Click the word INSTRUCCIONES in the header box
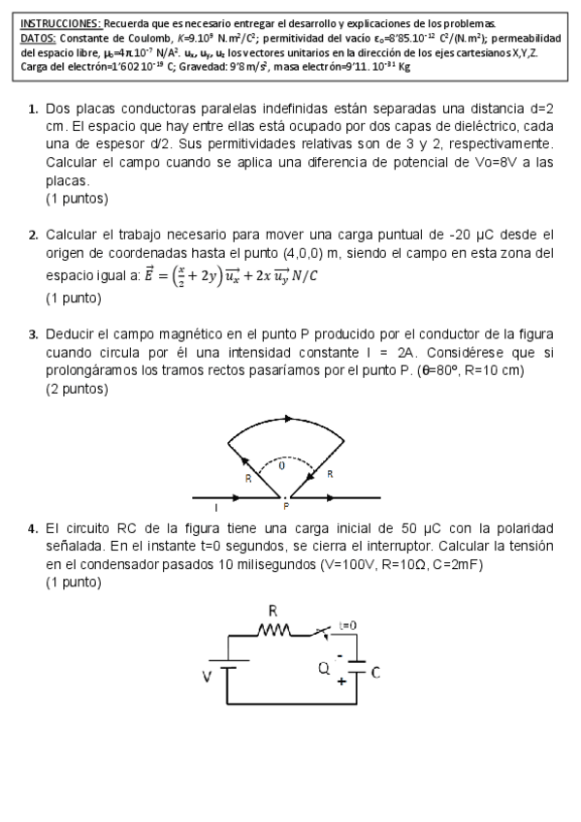(60, 22)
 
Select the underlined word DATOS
(38, 38)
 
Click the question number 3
(33, 334)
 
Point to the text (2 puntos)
(77, 389)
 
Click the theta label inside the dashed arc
(282, 466)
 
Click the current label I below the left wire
(215, 506)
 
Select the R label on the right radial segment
(330, 474)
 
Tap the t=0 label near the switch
(347, 625)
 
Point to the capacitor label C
(375, 671)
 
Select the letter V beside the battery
(207, 677)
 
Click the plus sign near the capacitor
(340, 681)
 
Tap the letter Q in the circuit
(324, 668)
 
